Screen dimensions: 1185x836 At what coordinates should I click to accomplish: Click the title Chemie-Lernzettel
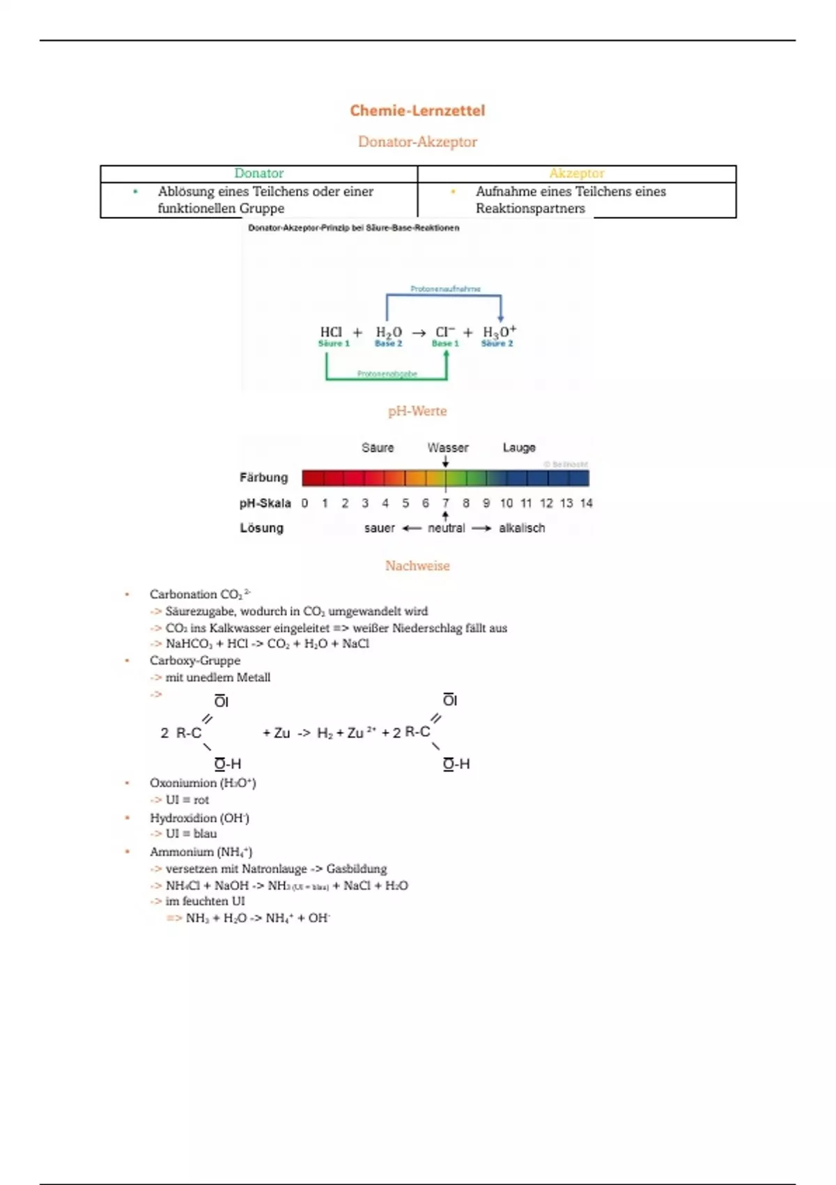coord(417,110)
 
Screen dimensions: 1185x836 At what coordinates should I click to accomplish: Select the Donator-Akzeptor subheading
coord(417,142)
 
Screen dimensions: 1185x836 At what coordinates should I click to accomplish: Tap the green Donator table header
coord(258,174)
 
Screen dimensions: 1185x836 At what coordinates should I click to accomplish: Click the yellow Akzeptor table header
coord(576,174)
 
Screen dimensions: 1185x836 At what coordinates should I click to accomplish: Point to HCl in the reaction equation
coord(331,332)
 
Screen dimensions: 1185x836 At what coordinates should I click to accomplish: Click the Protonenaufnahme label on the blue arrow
coord(445,289)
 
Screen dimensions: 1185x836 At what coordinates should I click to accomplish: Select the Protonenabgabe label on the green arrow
coord(387,374)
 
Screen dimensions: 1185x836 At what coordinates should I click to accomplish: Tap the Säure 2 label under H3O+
coord(497,344)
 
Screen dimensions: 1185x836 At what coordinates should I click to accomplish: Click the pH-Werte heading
coord(417,411)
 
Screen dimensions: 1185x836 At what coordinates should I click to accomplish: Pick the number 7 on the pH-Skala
coord(446,503)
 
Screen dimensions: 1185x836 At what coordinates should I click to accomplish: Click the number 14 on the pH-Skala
coord(586,503)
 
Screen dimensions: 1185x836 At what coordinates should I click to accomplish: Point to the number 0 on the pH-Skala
coord(304,503)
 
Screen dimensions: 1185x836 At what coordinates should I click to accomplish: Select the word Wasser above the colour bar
coord(448,448)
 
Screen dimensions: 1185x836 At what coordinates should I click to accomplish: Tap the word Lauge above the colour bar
coord(519,448)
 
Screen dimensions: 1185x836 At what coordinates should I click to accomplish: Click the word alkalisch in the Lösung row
coord(522,528)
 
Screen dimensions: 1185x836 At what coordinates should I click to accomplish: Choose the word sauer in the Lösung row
coord(379,528)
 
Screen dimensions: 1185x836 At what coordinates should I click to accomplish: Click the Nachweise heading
coord(417,566)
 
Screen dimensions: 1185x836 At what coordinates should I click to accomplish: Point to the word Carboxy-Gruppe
coord(195,660)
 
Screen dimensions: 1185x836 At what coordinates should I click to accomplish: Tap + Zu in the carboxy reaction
coord(276,733)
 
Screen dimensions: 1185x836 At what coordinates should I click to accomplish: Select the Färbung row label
coord(263,477)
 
